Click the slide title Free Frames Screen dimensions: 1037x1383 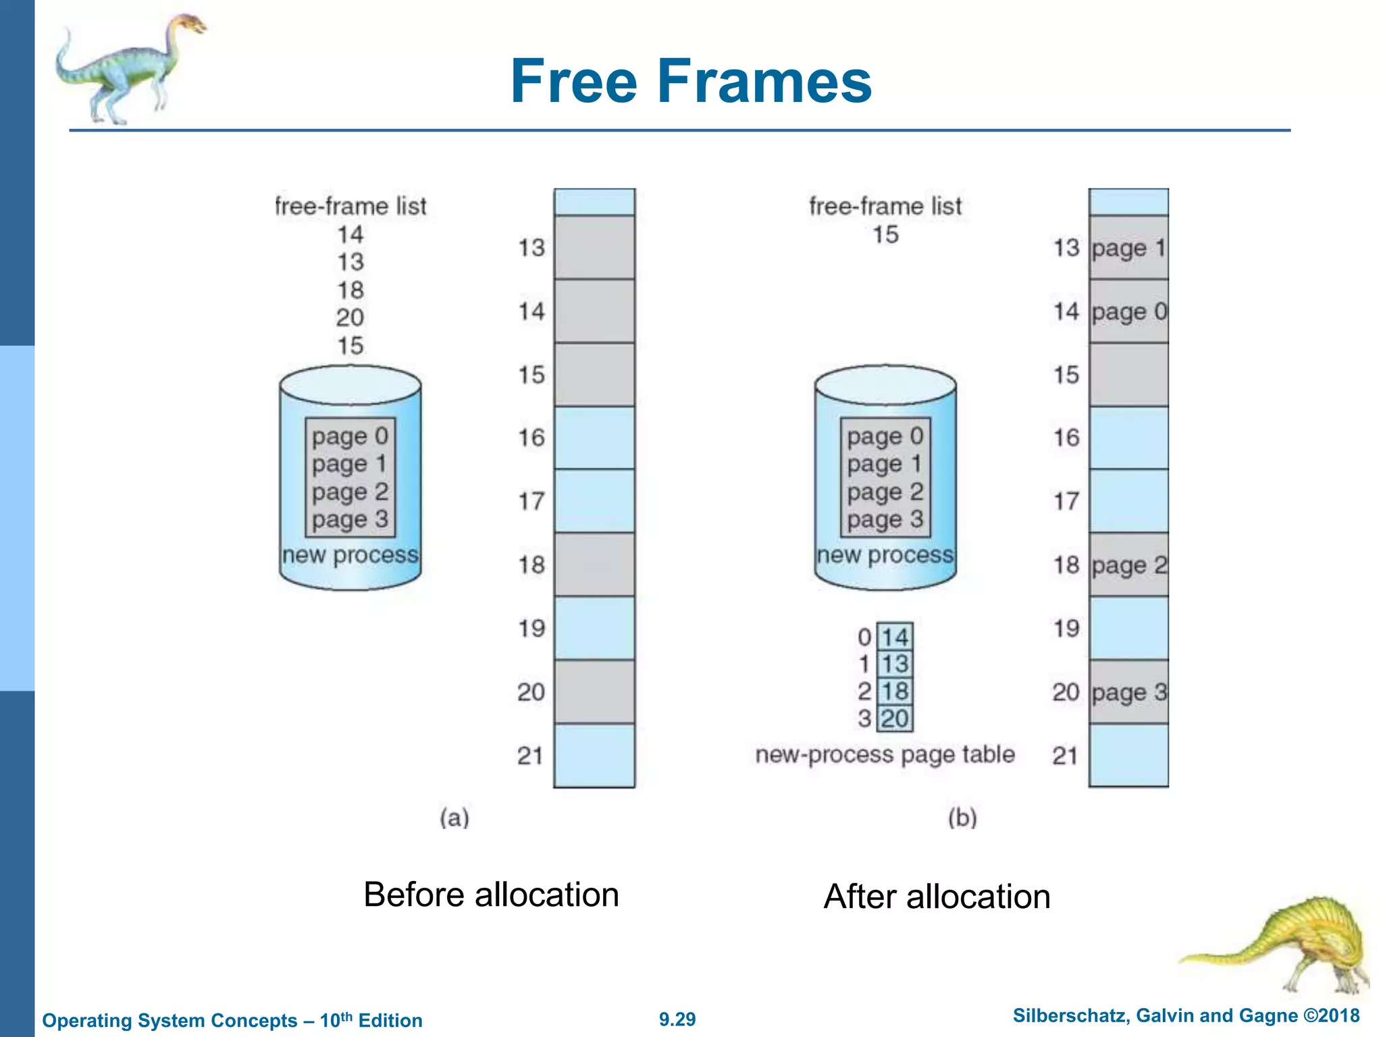coord(691,81)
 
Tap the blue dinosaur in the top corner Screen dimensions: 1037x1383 coord(128,68)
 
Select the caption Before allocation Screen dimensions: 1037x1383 coord(491,895)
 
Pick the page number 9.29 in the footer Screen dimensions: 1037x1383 coord(677,1019)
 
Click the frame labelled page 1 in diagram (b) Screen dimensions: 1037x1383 coord(1128,248)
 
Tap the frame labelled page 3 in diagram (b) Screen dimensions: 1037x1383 coord(1128,692)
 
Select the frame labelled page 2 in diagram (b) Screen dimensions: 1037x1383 coord(1128,565)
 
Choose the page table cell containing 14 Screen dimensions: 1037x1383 coord(895,637)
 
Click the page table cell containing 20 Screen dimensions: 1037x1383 coord(895,718)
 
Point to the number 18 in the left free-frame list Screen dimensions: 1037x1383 coord(350,290)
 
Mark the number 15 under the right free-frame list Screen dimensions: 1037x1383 coord(885,235)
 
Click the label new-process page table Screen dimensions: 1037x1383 coord(885,755)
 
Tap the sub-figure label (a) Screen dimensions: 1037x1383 coord(454,818)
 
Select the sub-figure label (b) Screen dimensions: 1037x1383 coord(962,818)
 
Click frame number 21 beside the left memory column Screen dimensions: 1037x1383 coord(531,755)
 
